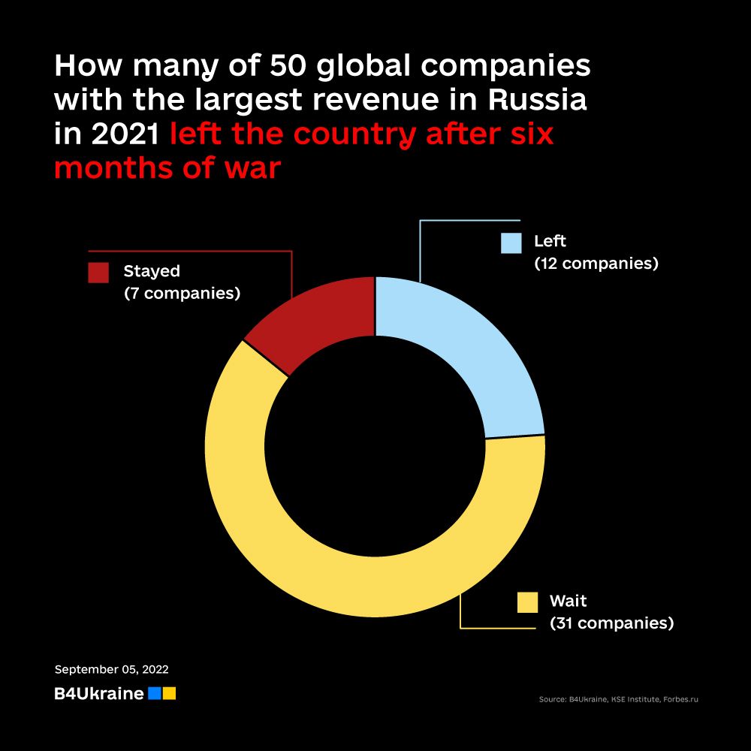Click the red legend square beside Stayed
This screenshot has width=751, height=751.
click(98, 273)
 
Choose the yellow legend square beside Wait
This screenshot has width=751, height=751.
click(528, 602)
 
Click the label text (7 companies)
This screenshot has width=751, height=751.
click(182, 293)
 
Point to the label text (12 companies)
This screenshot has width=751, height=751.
click(596, 264)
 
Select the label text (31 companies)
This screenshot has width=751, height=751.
click(611, 623)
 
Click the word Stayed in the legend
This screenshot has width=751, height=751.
click(152, 270)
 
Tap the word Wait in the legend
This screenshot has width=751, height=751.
click(568, 601)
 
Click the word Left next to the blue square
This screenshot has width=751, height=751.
click(550, 242)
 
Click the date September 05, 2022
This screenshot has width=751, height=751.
click(111, 669)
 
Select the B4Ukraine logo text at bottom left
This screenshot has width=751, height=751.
click(98, 694)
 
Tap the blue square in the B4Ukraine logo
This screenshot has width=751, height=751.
click(154, 693)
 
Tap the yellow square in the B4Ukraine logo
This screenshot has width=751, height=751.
click(169, 693)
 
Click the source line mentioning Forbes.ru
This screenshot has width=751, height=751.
click(618, 700)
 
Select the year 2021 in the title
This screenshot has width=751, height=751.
click(123, 134)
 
